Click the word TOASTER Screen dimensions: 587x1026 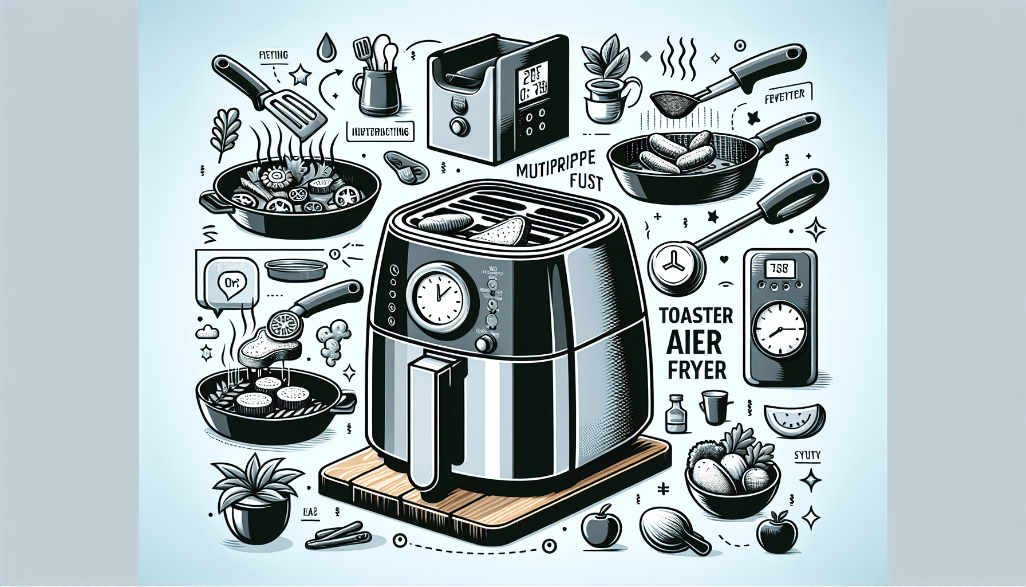pyautogui.click(x=696, y=315)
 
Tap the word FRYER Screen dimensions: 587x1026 pyautogui.click(x=696, y=370)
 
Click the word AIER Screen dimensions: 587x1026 pyautogui.click(x=694, y=342)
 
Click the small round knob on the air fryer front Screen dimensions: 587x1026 pyautogui.click(x=486, y=343)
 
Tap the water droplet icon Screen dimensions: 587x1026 pyautogui.click(x=327, y=47)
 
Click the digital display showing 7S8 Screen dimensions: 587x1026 pyautogui.click(x=778, y=268)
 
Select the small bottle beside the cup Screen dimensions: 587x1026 pyautogui.click(x=676, y=414)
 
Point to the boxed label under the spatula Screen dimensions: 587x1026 pyautogui.click(x=380, y=131)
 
